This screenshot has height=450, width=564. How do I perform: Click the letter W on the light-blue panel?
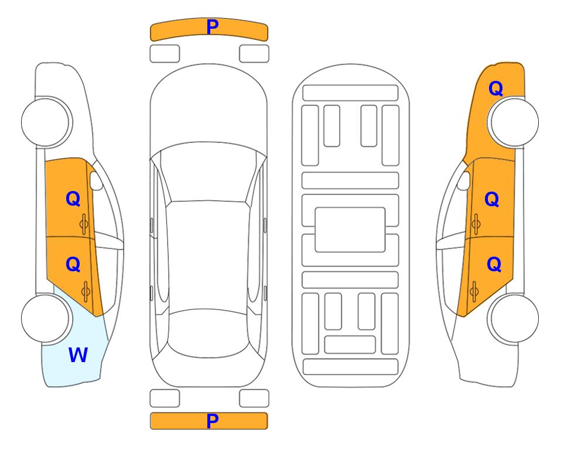click(78, 354)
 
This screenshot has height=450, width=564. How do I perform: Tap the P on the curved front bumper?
click(213, 26)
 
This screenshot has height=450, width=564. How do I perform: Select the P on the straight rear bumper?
click(213, 421)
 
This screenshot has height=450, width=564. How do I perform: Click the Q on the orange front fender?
click(495, 88)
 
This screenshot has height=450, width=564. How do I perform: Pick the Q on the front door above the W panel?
click(73, 199)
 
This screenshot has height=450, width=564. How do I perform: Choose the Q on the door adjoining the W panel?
click(73, 264)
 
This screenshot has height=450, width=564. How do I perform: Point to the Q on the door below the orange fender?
click(492, 199)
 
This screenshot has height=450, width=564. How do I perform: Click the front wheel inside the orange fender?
click(513, 122)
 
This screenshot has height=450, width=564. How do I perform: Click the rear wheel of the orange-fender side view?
click(513, 318)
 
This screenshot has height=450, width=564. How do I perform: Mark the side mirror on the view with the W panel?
click(95, 180)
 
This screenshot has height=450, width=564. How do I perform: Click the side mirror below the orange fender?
click(464, 180)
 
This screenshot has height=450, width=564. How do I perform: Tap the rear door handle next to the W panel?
click(86, 291)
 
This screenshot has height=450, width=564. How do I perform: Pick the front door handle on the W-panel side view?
click(84, 224)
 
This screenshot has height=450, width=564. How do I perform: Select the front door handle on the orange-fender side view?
click(476, 224)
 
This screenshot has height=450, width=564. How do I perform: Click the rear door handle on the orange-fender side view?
click(474, 291)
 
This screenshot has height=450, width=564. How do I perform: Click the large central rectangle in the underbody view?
click(350, 230)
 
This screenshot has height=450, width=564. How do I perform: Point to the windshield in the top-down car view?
click(208, 172)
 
